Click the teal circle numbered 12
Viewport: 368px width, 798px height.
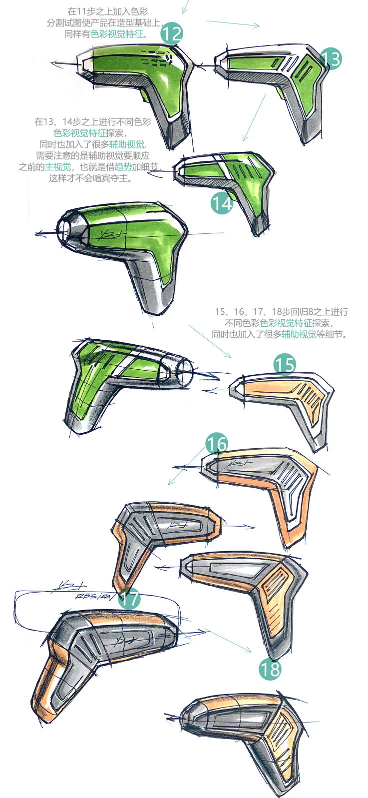172,34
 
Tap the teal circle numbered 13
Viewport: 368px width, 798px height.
331,59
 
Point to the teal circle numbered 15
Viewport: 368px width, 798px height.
285,364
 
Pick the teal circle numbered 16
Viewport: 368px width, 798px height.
217,444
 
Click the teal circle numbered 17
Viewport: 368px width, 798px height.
129,599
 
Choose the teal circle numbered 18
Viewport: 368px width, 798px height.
270,669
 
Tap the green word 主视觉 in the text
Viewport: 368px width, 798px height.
57,167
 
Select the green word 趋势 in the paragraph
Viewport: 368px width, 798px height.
123,167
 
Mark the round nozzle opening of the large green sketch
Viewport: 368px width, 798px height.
64,231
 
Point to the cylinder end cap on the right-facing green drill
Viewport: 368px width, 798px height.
185,373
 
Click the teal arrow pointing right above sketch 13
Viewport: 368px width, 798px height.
234,23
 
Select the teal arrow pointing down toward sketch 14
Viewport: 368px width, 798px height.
254,117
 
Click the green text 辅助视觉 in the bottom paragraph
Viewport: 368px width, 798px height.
299,334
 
